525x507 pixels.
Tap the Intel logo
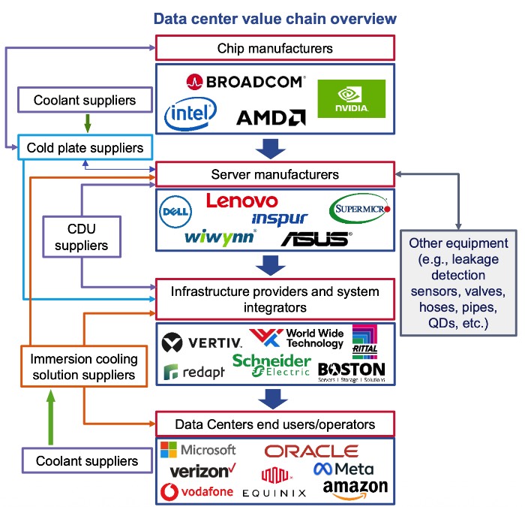coord(190,113)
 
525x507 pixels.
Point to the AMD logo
coord(270,117)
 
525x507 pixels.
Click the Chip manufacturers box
coord(274,48)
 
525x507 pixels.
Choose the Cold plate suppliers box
coord(85,148)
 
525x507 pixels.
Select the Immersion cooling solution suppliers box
coord(83,367)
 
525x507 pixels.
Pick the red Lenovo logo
coord(241,201)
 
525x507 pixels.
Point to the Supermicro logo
coord(360,207)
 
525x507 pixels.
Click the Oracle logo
coord(311,451)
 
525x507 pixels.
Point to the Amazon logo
coord(355,489)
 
